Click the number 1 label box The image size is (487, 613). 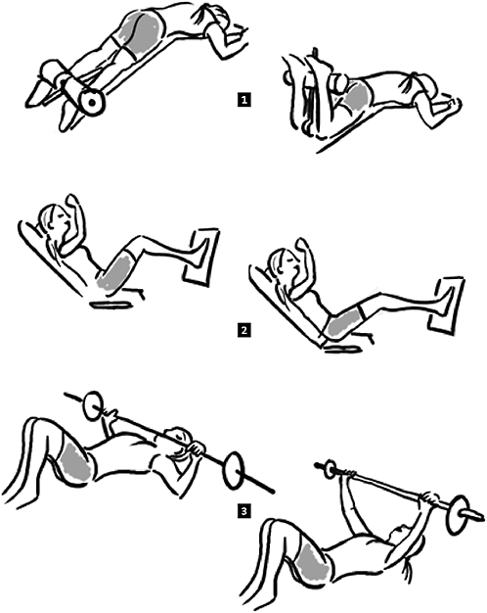point(244,100)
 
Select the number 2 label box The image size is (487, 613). point(244,330)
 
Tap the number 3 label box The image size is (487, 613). point(244,510)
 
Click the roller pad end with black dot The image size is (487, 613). point(92,103)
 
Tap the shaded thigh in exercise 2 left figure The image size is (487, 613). point(114,270)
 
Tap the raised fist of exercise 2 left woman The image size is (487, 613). point(72,200)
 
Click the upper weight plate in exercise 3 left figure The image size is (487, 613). point(93,406)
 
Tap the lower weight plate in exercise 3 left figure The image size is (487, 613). point(235,470)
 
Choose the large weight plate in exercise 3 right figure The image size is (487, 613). point(458,516)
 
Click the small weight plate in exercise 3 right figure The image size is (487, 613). point(331,469)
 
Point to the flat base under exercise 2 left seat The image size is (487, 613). point(111,304)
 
